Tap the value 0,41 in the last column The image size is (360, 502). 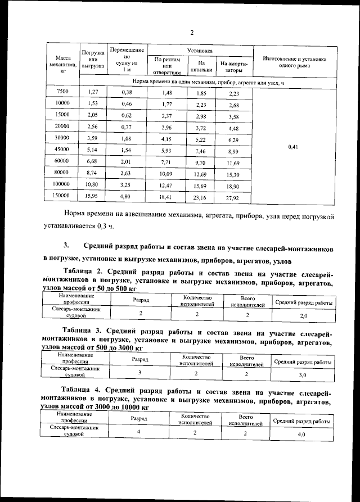click(292, 147)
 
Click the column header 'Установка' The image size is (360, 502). click(200, 51)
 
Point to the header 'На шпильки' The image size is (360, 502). click(201, 67)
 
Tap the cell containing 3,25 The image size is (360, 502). click(127, 184)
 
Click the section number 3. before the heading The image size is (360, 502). click(66, 246)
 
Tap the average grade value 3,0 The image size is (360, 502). click(302, 374)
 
